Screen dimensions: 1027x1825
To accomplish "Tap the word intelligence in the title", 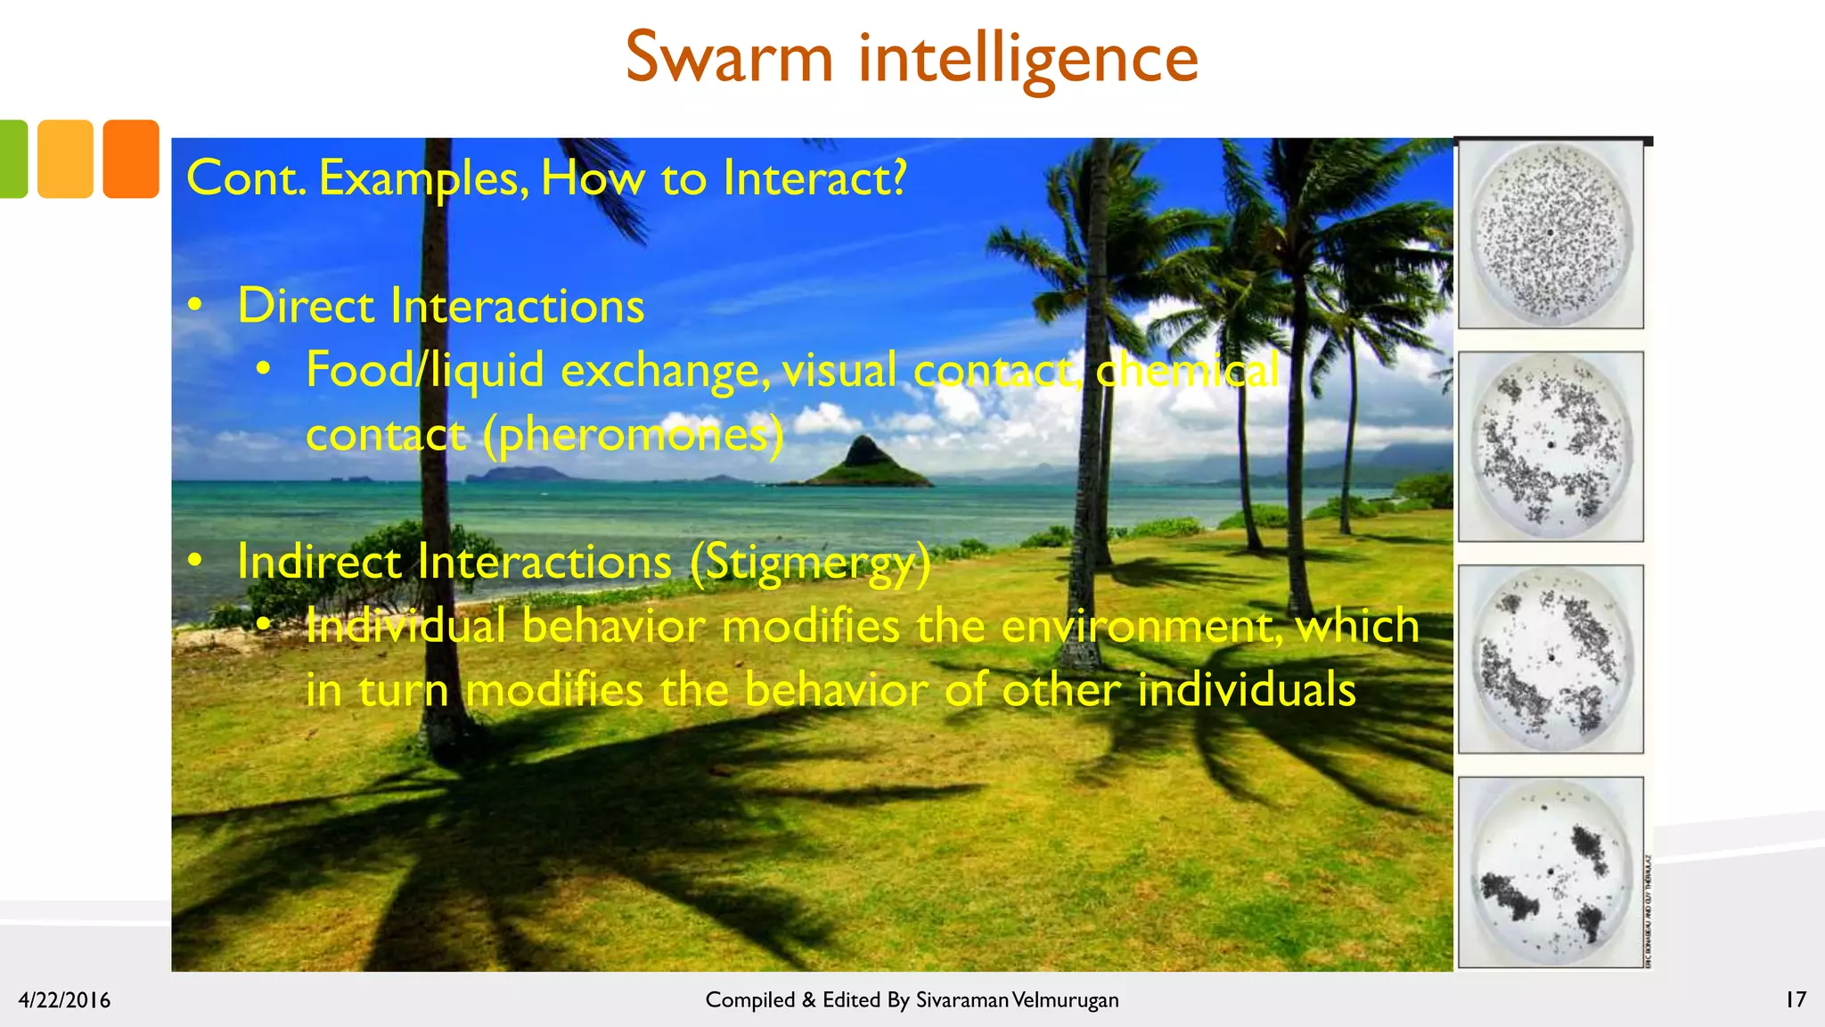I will point(1027,59).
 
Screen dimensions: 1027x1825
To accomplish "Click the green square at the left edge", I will point(12,159).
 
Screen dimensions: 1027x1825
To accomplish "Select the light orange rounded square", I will point(65,159).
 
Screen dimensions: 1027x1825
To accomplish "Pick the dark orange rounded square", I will point(131,159).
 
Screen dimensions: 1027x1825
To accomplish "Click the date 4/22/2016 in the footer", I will point(64,1000).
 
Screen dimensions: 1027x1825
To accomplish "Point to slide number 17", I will point(1796,999).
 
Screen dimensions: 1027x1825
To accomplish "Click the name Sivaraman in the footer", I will point(962,1000).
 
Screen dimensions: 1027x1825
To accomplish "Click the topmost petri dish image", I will point(1551,234).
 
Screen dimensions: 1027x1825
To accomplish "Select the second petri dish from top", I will point(1551,446).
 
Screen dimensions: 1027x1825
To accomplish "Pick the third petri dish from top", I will point(1551,659).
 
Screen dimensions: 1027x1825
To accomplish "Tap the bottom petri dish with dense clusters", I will point(1551,872).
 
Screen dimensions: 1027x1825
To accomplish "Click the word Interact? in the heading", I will point(814,178).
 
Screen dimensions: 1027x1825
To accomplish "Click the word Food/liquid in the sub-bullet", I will point(424,370).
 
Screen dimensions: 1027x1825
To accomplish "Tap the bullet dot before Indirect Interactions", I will point(195,561).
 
